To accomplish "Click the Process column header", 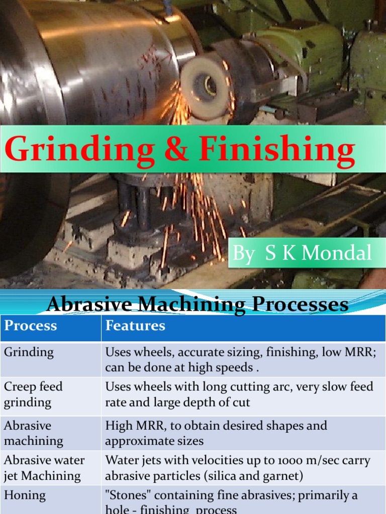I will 31,326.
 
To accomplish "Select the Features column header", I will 135,326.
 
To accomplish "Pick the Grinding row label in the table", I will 29,352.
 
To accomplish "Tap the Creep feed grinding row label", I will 33,394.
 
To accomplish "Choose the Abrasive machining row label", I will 34,433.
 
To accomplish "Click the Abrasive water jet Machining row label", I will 44,467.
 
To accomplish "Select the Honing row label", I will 25,495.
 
